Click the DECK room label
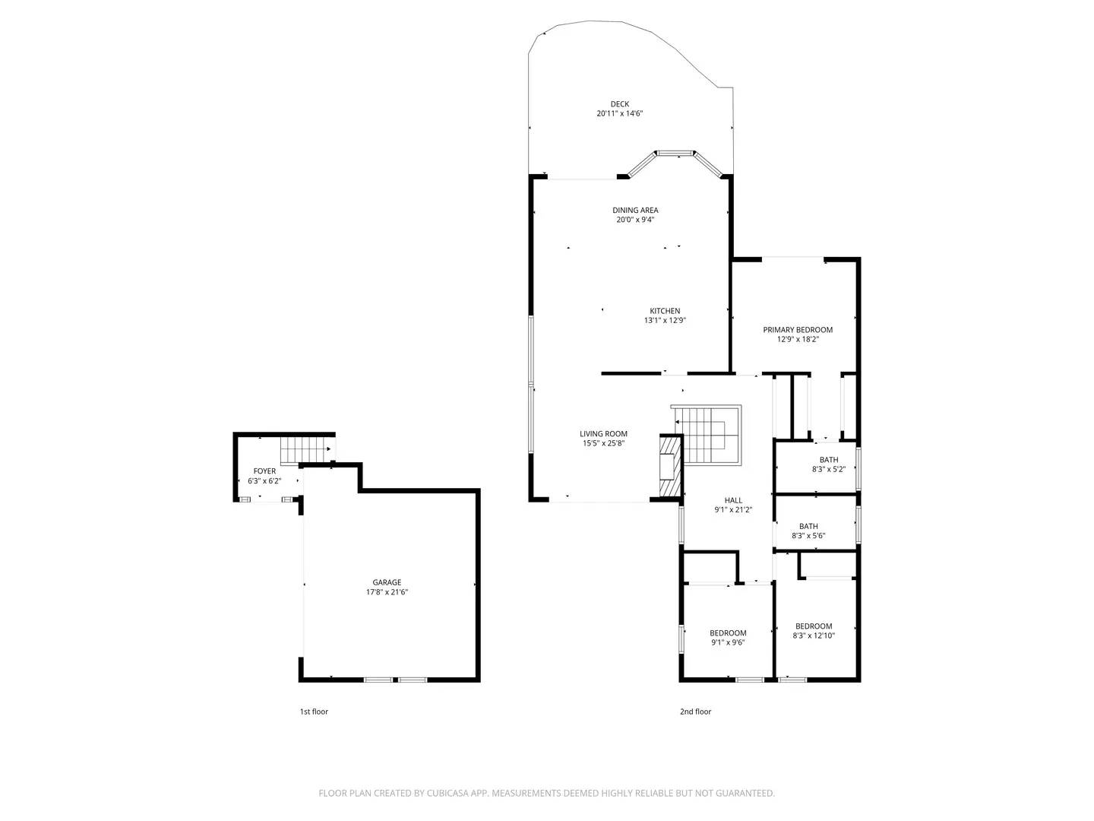pos(619,104)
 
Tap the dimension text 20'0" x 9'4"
pos(634,220)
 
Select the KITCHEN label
pos(665,311)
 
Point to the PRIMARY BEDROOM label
pos(798,330)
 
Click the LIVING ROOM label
pos(603,434)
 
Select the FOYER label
pos(264,471)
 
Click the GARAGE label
pos(387,582)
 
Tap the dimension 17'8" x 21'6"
pos(387,592)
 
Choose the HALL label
pos(733,500)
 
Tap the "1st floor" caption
pos(314,712)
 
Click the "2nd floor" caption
pos(695,712)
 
